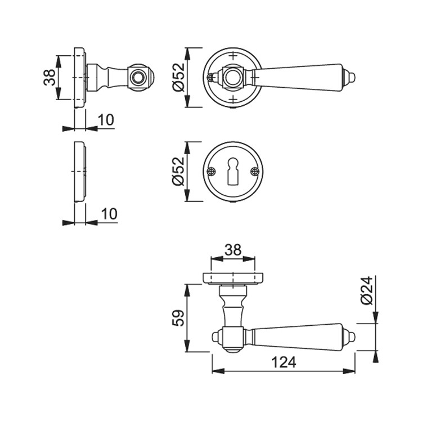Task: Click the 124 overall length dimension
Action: (x=284, y=362)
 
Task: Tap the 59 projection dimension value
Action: (x=178, y=318)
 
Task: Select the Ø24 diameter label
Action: (x=367, y=290)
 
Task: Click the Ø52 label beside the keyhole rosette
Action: (x=178, y=172)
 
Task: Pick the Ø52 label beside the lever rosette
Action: (x=178, y=77)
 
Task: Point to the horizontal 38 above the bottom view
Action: (x=233, y=250)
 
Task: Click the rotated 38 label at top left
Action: (x=50, y=78)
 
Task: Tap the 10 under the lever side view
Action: (x=106, y=120)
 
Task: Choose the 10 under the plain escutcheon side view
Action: (x=109, y=214)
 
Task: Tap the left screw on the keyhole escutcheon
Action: (x=212, y=172)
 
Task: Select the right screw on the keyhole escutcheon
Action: (x=254, y=172)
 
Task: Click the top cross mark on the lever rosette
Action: (x=233, y=56)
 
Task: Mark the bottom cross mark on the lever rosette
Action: (x=233, y=99)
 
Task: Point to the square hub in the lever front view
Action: (x=233, y=78)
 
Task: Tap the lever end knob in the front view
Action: (x=350, y=78)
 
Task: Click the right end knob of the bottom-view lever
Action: (x=350, y=337)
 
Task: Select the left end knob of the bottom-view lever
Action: (x=217, y=337)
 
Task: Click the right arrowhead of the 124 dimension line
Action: (x=349, y=371)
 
